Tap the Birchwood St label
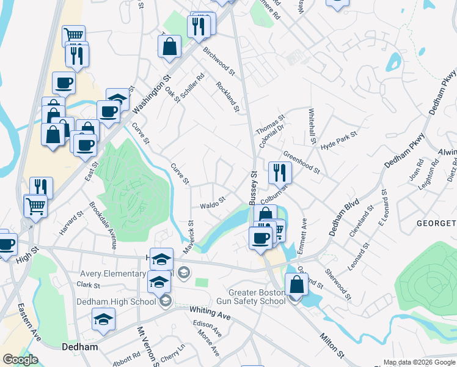pyautogui.click(x=219, y=61)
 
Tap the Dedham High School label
pyautogui.click(x=116, y=301)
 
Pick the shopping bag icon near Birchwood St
pyautogui.click(x=169, y=46)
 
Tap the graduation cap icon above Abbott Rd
pyautogui.click(x=103, y=319)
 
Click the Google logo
pyautogui.click(x=21, y=359)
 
